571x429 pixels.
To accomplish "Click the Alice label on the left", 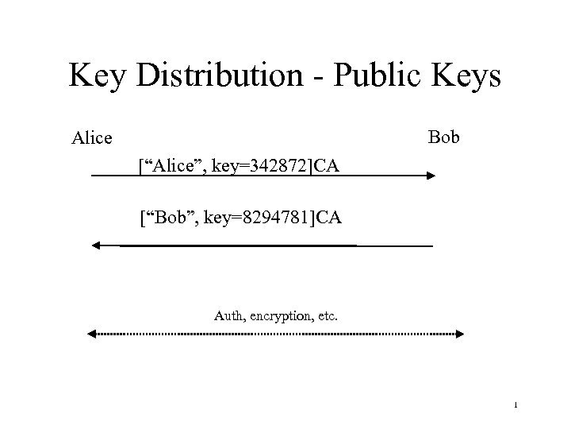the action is point(91,138).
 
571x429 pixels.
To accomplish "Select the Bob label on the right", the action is point(444,137).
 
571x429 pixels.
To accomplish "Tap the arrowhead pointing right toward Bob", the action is point(431,176).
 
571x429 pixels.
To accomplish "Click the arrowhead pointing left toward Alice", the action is point(97,246).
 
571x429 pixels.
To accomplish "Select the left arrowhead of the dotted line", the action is point(90,335).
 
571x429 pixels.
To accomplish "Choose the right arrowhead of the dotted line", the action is point(460,335).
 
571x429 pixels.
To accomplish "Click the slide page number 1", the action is point(515,407).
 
